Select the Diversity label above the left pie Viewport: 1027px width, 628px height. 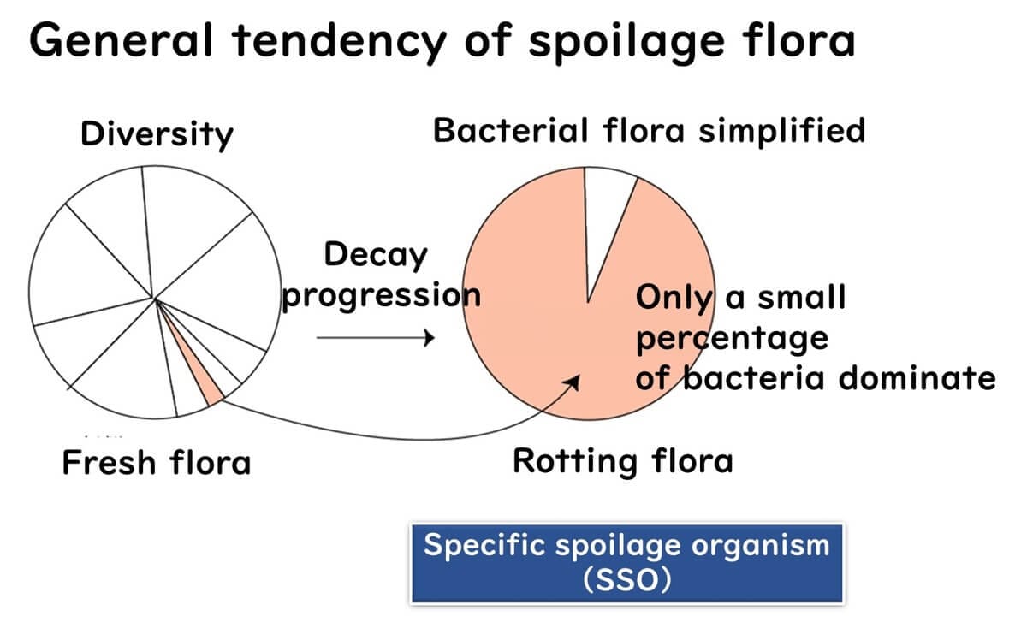pyautogui.click(x=156, y=134)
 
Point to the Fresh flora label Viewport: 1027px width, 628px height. pyautogui.click(x=157, y=463)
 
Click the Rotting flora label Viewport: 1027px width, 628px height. pyautogui.click(x=622, y=461)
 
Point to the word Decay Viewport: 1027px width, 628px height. pyautogui.click(x=375, y=256)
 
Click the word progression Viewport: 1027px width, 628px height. pyautogui.click(x=381, y=297)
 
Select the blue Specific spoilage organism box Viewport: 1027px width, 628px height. pyautogui.click(x=626, y=564)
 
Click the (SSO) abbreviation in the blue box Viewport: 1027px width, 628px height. pyautogui.click(x=626, y=580)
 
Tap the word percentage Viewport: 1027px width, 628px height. pyautogui.click(x=731, y=339)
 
